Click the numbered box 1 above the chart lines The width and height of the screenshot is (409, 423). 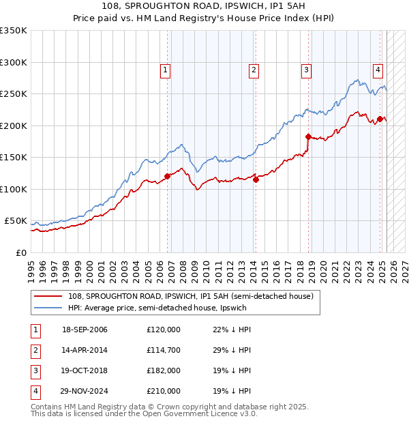166,69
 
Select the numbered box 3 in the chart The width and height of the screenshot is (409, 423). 307,69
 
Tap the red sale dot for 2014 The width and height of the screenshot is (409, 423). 256,180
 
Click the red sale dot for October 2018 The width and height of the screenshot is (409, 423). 308,136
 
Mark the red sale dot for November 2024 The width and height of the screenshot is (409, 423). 380,119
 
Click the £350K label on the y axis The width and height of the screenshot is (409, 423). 14,31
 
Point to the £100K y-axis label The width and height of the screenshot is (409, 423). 14,189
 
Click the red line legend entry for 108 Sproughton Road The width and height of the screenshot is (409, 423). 190,296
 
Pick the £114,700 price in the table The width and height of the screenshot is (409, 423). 163,350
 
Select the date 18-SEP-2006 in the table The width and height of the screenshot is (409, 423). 85,330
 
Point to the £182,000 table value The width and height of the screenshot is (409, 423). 163,370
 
